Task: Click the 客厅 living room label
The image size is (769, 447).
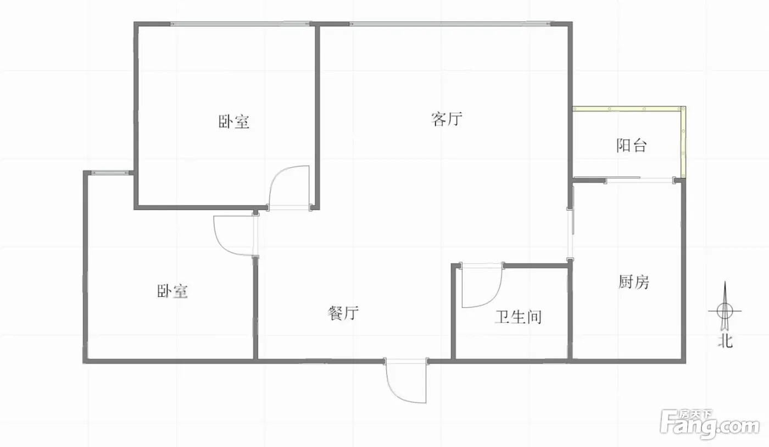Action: point(447,119)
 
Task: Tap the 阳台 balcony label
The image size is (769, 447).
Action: point(632,145)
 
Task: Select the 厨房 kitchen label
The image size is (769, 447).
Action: point(634,282)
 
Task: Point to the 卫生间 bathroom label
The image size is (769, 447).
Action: point(518,317)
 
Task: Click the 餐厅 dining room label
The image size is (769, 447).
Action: point(343,313)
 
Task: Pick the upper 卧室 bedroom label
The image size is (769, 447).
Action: point(234,122)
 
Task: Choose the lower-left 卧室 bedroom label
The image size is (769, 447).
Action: point(172,291)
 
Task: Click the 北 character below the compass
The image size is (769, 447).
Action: point(725,341)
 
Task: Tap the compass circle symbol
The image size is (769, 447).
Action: point(725,311)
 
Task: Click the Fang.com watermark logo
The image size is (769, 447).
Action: point(710,424)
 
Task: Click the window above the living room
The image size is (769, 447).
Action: point(450,24)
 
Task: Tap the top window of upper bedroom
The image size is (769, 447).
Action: point(240,24)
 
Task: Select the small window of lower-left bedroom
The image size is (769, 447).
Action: point(110,173)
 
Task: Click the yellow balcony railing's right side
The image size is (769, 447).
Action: point(683,142)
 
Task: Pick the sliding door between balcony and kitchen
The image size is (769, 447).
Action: point(640,179)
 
